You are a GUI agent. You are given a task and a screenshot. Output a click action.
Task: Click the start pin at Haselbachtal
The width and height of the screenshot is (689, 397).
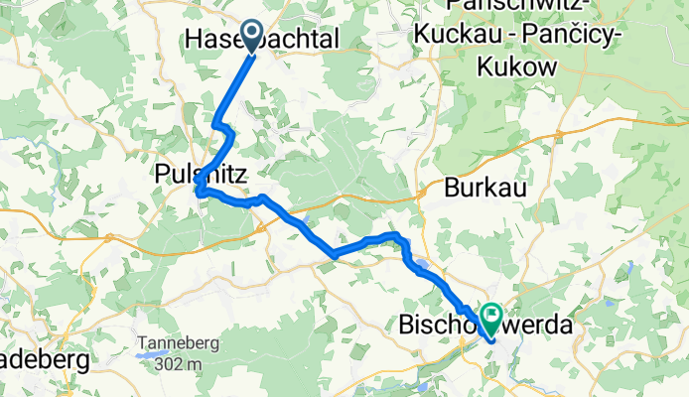248,37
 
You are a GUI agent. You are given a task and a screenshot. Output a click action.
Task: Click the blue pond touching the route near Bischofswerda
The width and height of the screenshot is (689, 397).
422,266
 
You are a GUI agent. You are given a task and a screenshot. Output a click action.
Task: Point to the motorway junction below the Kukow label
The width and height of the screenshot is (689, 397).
560,132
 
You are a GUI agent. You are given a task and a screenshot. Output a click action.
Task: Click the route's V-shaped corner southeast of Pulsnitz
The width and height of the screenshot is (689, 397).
334,255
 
